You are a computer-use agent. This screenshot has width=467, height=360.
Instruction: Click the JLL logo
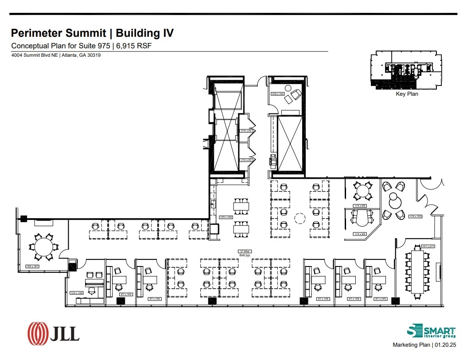click(x=53, y=333)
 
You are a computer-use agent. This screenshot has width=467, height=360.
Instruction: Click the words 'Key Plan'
click(x=407, y=94)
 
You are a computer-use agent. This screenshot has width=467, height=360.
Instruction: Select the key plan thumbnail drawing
click(x=407, y=70)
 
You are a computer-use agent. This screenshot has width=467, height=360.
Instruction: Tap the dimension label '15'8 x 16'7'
click(x=34, y=266)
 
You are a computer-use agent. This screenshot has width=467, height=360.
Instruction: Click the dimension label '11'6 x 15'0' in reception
click(x=415, y=216)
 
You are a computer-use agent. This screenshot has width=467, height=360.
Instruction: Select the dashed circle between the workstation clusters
click(x=300, y=218)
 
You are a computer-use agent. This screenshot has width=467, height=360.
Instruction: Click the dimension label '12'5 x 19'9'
click(x=226, y=217)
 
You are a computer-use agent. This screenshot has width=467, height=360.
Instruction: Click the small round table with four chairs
click(x=362, y=191)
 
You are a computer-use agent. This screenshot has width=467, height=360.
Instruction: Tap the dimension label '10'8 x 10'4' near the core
click(x=277, y=94)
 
